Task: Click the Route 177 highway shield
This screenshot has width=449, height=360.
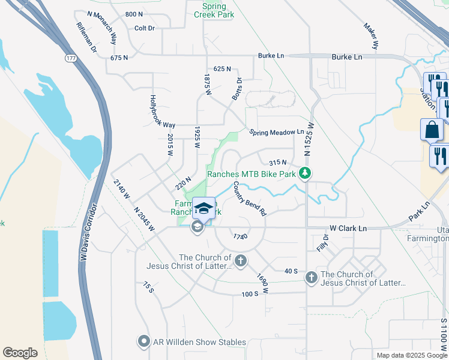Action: [x=70, y=58]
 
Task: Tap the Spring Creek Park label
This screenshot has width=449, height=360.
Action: [x=214, y=10]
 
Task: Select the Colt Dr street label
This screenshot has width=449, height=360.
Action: [x=145, y=28]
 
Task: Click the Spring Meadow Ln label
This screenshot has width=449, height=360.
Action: [x=277, y=132]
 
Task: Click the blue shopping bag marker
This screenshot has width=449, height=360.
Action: [x=432, y=130]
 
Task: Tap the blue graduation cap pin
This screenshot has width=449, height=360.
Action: [x=203, y=208]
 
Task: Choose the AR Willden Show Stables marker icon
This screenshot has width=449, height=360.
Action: [x=143, y=342]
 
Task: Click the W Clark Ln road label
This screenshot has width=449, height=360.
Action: [x=348, y=228]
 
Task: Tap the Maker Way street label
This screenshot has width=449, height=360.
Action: [x=372, y=36]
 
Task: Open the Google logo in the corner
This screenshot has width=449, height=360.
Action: [x=20, y=352]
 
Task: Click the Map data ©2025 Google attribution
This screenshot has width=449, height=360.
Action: [x=411, y=355]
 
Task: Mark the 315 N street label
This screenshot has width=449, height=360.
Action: [x=277, y=163]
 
